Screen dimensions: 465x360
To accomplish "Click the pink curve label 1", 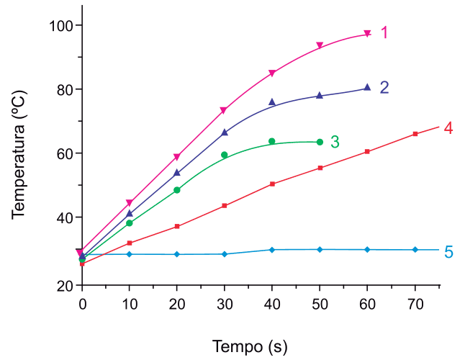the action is [384, 32].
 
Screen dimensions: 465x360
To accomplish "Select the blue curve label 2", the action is [384, 87].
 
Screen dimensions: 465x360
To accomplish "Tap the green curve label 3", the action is [335, 142].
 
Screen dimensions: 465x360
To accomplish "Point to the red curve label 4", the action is [448, 128].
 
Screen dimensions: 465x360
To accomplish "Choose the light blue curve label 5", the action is [448, 252].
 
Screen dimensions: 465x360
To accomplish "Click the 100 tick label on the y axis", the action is [60, 26].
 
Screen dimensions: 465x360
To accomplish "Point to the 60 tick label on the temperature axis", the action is [65, 154].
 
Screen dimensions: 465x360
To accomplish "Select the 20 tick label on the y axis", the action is [65, 286].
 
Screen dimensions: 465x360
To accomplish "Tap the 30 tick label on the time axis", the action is [225, 305].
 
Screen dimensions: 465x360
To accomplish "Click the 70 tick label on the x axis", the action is [415, 305].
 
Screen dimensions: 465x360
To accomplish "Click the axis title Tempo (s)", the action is [250, 346].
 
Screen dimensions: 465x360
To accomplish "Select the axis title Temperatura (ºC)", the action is [19, 155].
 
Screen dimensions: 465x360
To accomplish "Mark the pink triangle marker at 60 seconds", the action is [367, 34].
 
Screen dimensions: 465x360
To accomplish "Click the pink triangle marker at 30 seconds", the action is [224, 110].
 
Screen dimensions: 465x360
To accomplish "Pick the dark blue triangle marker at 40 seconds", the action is [272, 102].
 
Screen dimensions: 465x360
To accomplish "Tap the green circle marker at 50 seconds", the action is [320, 142].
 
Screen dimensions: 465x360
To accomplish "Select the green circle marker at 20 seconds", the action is [177, 190].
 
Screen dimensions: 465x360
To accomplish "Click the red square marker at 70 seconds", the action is [415, 134].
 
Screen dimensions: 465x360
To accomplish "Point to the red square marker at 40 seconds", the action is [272, 184].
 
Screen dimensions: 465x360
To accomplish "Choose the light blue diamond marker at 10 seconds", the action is [130, 254].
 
